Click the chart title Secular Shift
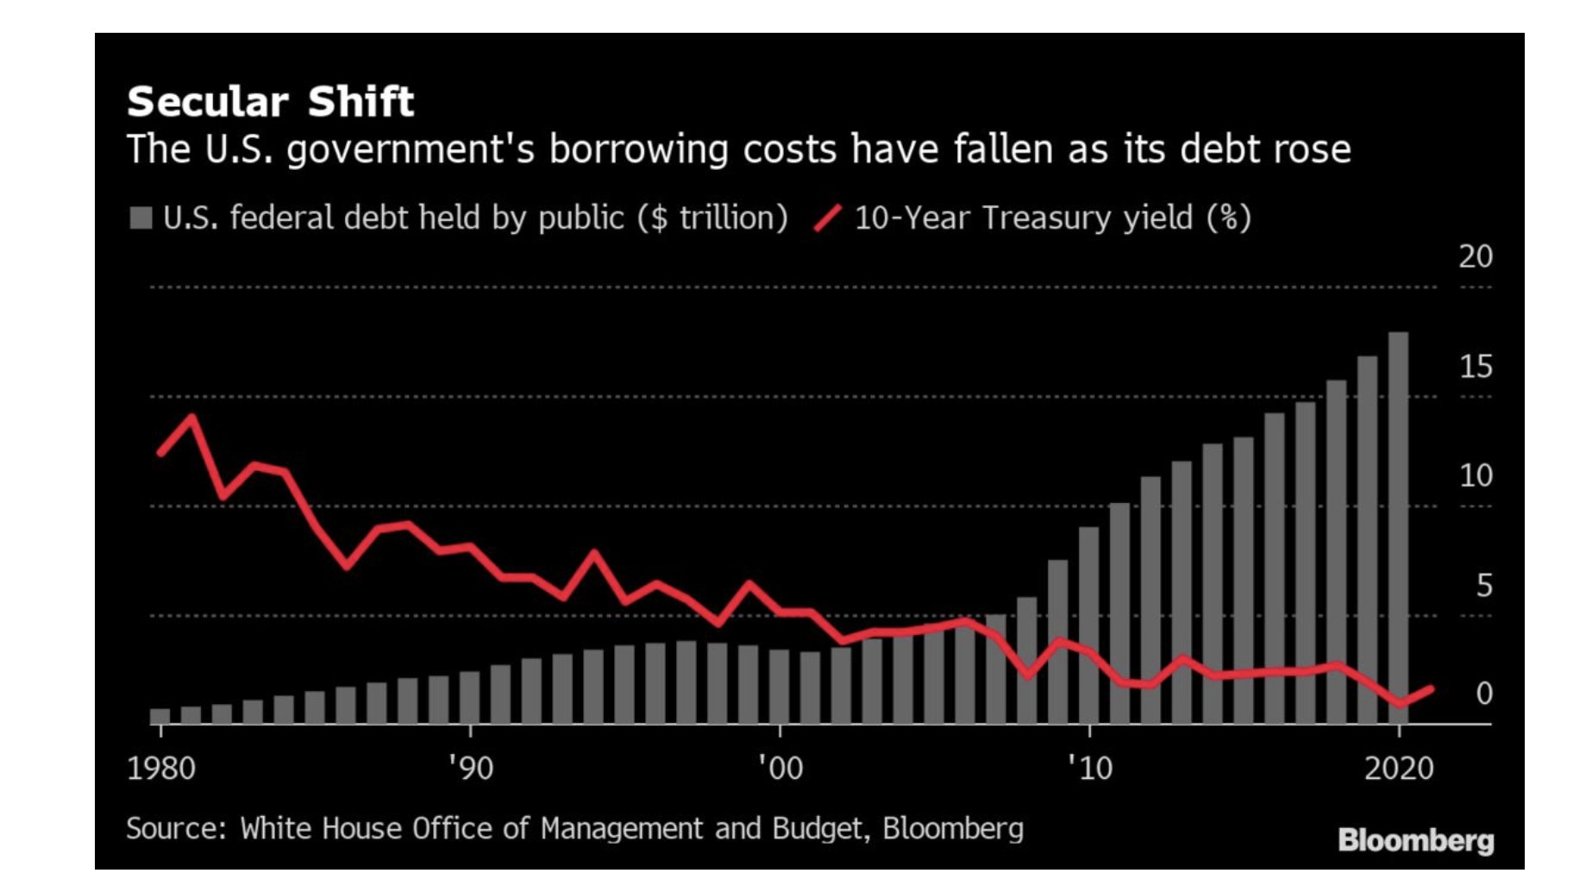pyautogui.click(x=270, y=102)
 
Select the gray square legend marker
pyautogui.click(x=141, y=217)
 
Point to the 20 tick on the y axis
pyautogui.click(x=1475, y=257)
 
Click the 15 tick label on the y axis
pyautogui.click(x=1475, y=367)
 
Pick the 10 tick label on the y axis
pyautogui.click(x=1475, y=476)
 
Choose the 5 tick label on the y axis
pyautogui.click(x=1483, y=587)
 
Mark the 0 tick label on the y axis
pyautogui.click(x=1483, y=694)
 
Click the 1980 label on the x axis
pyautogui.click(x=161, y=768)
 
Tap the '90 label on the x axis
pyautogui.click(x=471, y=768)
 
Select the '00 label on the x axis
pyautogui.click(x=780, y=768)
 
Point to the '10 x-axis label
pyautogui.click(x=1090, y=768)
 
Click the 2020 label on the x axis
pyautogui.click(x=1399, y=768)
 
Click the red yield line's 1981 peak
pyautogui.click(x=191, y=418)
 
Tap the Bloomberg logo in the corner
pyautogui.click(x=1415, y=840)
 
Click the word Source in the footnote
pyautogui.click(x=176, y=829)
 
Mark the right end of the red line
pyautogui.click(x=1431, y=688)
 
